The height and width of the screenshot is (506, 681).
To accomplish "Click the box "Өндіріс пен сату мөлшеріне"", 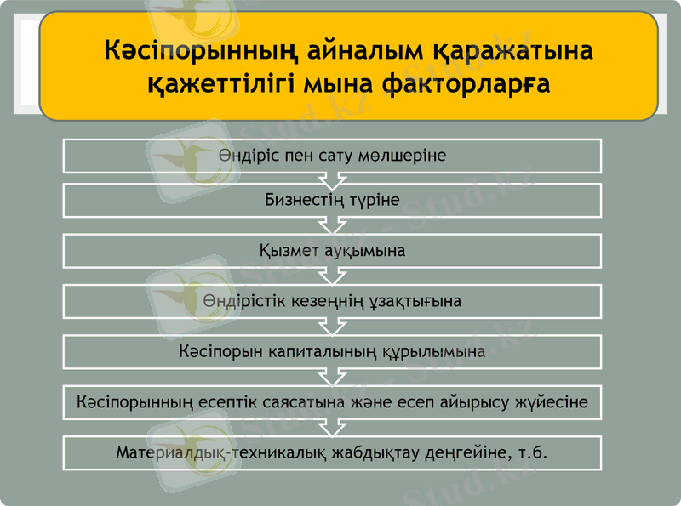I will tap(332, 156).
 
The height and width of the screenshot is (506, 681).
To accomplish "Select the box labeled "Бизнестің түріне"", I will tap(332, 201).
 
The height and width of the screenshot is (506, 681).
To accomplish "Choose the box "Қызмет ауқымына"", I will tap(332, 251).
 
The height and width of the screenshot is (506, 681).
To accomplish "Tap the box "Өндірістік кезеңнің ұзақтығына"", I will tap(332, 301).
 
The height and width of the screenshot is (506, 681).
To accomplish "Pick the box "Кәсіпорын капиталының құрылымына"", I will tap(332, 351).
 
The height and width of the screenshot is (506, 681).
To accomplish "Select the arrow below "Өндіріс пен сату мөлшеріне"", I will tap(332, 179).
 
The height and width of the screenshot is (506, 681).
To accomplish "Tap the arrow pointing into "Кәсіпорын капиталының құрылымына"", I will tap(332, 327).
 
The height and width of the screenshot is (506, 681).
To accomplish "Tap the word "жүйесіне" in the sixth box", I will tap(554, 401).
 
